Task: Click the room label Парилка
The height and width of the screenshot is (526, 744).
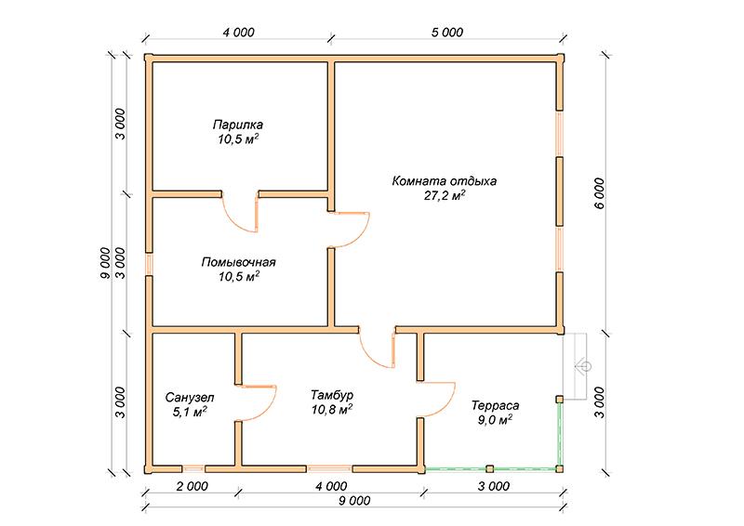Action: click(x=238, y=125)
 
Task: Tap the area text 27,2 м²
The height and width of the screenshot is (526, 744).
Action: click(x=445, y=195)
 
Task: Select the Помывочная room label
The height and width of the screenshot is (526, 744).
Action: click(x=239, y=262)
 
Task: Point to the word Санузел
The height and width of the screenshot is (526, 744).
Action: click(x=190, y=397)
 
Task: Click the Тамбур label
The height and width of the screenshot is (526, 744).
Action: click(x=332, y=395)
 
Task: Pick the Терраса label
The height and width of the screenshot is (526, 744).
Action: click(x=496, y=405)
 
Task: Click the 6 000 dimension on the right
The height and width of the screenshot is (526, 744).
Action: click(x=599, y=193)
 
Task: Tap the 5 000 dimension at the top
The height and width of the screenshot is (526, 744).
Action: click(x=447, y=33)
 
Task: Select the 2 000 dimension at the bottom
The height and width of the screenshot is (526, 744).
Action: click(x=192, y=486)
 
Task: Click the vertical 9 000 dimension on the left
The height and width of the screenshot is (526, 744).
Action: click(x=105, y=263)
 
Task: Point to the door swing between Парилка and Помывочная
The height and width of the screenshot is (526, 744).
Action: click(x=240, y=216)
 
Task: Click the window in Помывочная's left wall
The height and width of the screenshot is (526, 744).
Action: click(x=149, y=264)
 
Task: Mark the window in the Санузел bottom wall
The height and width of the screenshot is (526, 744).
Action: click(x=193, y=468)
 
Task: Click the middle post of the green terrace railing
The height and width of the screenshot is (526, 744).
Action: click(x=490, y=469)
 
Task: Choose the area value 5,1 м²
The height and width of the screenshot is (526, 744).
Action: click(x=190, y=412)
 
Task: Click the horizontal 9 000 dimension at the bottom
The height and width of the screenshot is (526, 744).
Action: click(x=354, y=501)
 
